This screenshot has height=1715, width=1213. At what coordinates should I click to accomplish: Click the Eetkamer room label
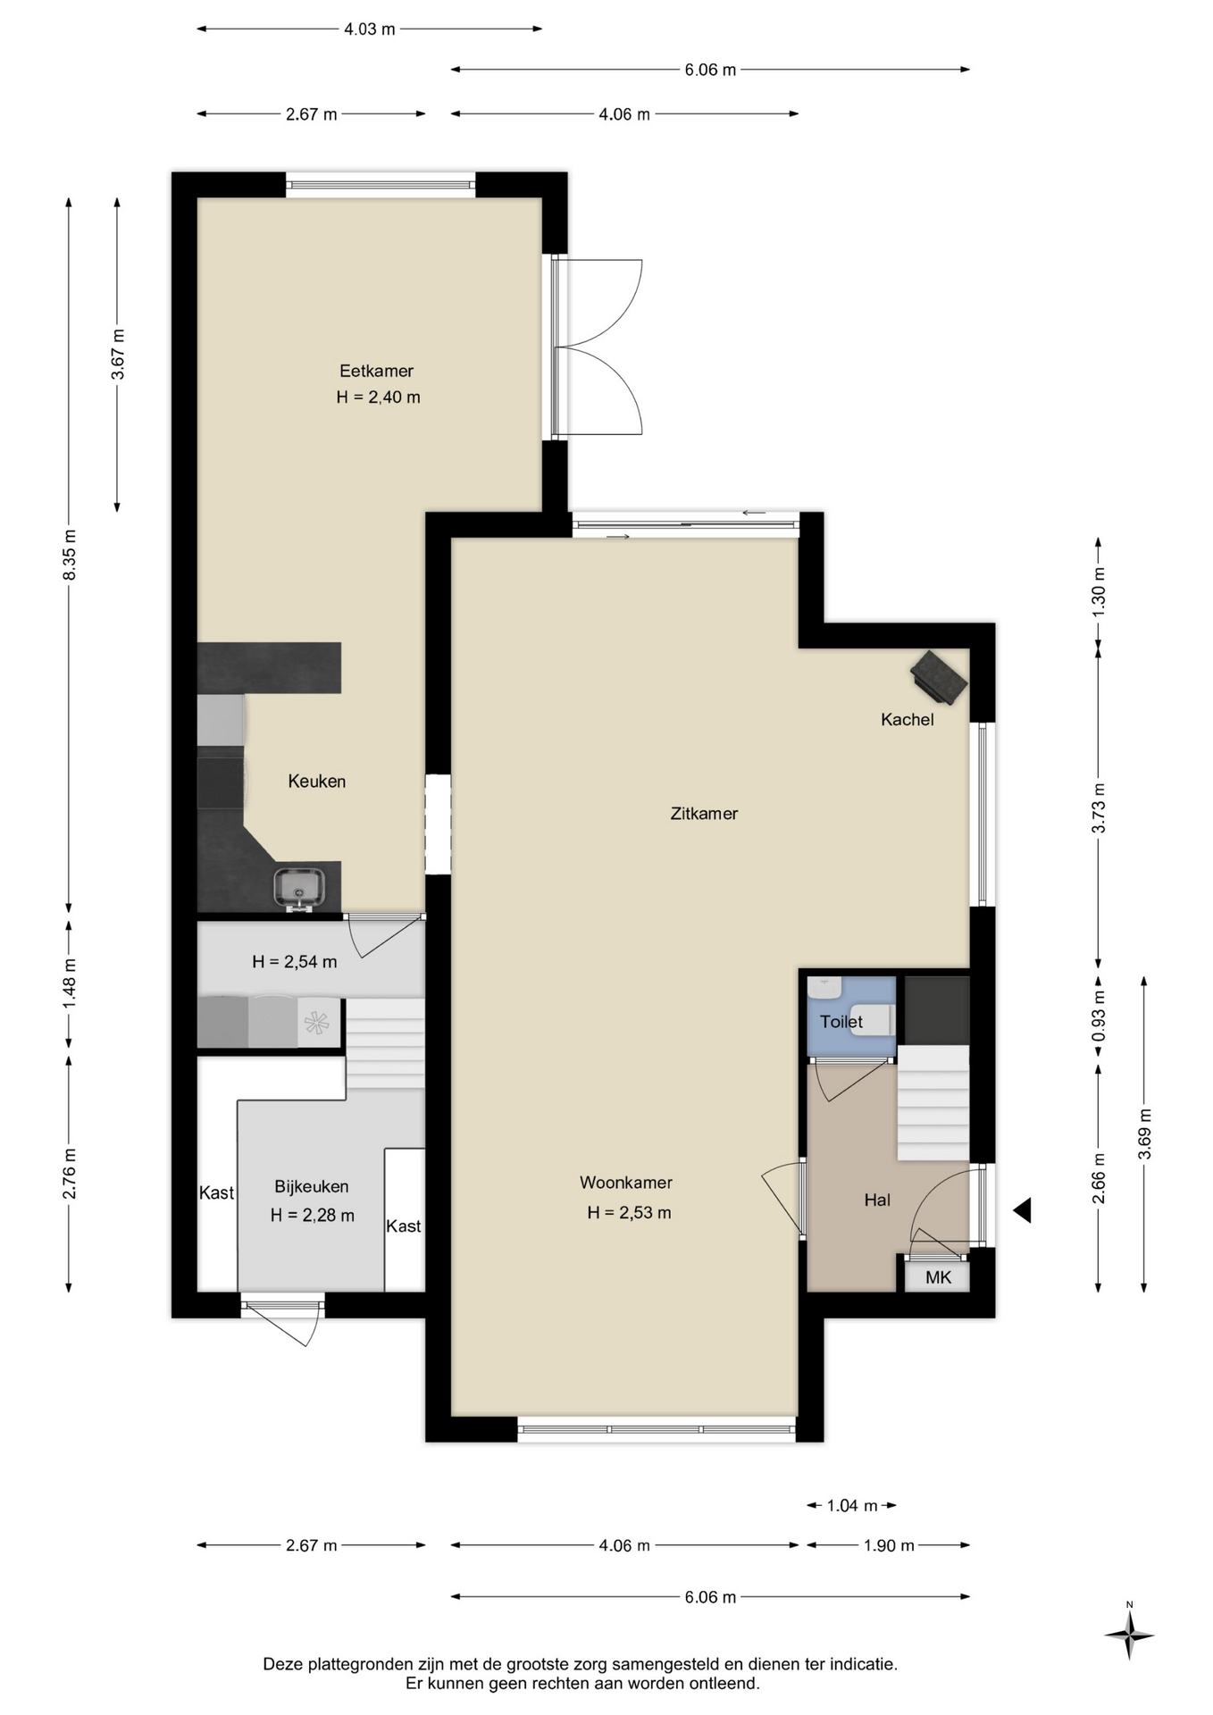[376, 371]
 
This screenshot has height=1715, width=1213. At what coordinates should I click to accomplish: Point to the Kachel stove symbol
[939, 675]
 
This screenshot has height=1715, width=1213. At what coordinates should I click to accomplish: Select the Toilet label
[841, 1021]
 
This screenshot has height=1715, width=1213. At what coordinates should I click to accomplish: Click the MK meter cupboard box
[937, 1276]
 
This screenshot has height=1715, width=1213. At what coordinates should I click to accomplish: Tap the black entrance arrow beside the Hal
[1023, 1210]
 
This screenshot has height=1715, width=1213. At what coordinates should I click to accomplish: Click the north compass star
[1129, 1636]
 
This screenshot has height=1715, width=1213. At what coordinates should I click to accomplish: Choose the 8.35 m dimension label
[70, 554]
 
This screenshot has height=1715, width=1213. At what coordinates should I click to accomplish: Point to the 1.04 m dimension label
[853, 1505]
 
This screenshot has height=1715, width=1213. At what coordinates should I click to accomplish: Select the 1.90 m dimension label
[889, 1545]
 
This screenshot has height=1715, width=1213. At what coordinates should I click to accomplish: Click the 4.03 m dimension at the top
[370, 29]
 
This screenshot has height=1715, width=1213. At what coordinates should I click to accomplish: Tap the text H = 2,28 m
[313, 1215]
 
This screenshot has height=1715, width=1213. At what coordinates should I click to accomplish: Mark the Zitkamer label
[704, 814]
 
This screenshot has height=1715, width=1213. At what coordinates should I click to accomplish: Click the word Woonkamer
[626, 1183]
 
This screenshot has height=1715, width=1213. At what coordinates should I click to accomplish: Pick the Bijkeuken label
[311, 1186]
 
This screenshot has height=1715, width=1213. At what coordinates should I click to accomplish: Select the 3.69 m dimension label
[1144, 1134]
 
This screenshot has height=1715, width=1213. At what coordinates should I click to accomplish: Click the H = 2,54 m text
[295, 962]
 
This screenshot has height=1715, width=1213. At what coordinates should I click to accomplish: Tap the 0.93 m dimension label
[1099, 1016]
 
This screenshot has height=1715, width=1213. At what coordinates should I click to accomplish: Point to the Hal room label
[877, 1200]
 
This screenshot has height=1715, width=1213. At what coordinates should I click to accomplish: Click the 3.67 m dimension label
[118, 354]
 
